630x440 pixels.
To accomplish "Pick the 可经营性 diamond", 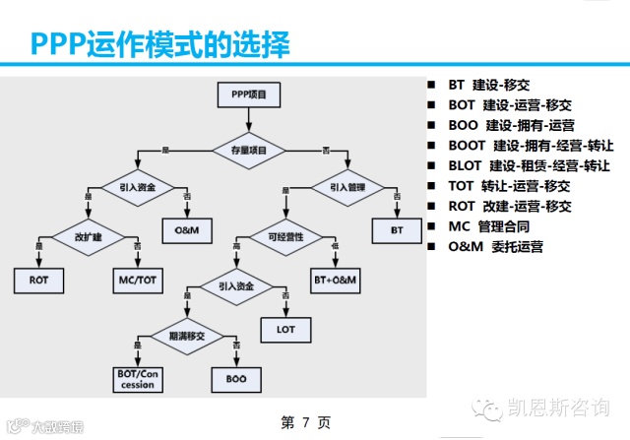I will coord(285,236).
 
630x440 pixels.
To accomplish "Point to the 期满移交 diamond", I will coord(186,335).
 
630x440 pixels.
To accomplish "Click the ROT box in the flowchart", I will coord(38,281).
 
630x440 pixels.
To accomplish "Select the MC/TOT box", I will coord(137,281).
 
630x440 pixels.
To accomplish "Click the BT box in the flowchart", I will coord(397,229).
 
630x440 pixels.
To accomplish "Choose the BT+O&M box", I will coord(335,281).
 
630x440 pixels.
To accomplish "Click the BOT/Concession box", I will coord(137,379).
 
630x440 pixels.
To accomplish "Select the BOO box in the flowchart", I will coord(235,378).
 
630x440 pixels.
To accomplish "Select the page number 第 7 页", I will coord(305,423).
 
